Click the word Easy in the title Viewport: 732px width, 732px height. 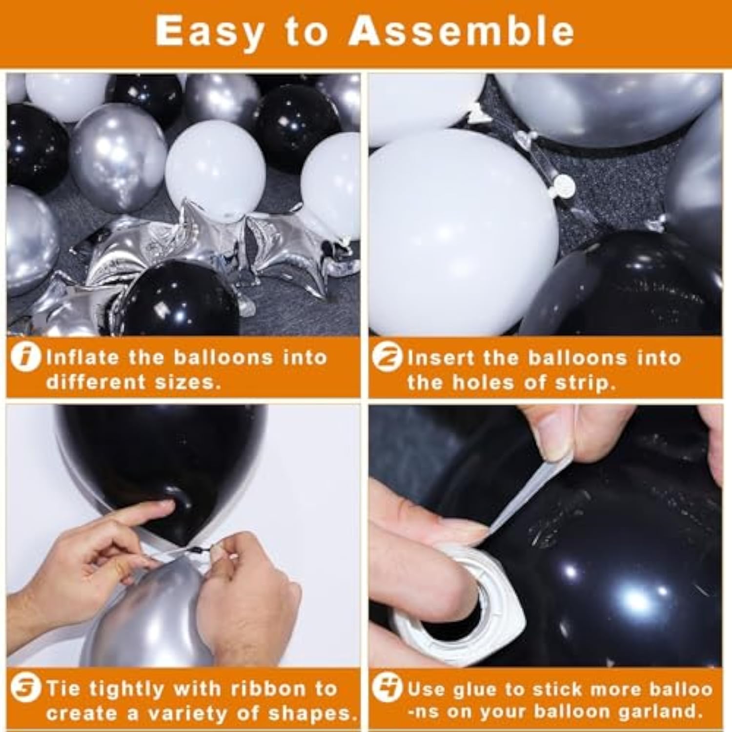click(209, 32)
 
